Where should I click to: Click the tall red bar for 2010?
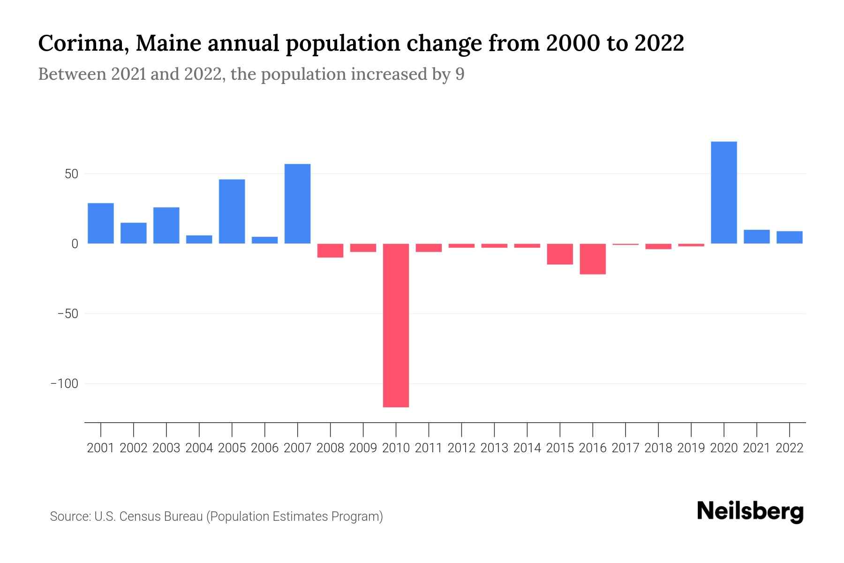pyautogui.click(x=396, y=325)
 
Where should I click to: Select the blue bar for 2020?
pyautogui.click(x=723, y=192)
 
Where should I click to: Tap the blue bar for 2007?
pyautogui.click(x=297, y=204)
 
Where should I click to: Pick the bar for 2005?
pyautogui.click(x=232, y=211)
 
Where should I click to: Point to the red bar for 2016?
pyautogui.click(x=593, y=259)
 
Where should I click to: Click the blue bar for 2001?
pyautogui.click(x=101, y=223)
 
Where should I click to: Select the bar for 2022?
pyautogui.click(x=789, y=237)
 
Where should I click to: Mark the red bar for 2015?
pyautogui.click(x=560, y=254)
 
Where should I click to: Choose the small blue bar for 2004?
pyautogui.click(x=199, y=239)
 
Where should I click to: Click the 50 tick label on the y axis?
pyautogui.click(x=71, y=174)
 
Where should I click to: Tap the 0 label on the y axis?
pyautogui.click(x=75, y=244)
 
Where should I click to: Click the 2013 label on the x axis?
pyautogui.click(x=494, y=448)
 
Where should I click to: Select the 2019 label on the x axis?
pyautogui.click(x=691, y=448)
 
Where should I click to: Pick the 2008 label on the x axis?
pyautogui.click(x=330, y=448)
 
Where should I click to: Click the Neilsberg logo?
pyautogui.click(x=750, y=512)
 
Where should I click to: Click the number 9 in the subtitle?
pyautogui.click(x=460, y=74)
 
